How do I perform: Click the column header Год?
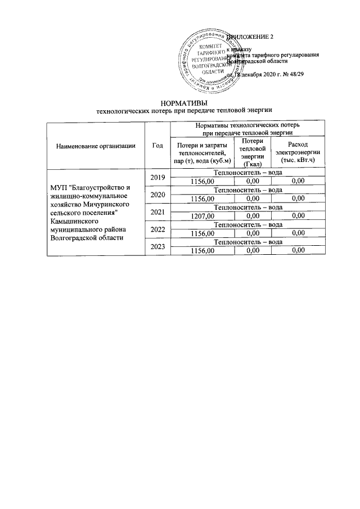pos(157,145)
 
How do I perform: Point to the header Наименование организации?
pos(96,145)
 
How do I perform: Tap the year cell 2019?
pos(157,177)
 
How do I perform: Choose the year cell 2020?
pos(157,195)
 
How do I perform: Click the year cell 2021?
pos(157,212)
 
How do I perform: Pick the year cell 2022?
pos(157,229)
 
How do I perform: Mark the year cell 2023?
pos(157,247)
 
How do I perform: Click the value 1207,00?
pos(202,216)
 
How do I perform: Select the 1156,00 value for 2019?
pos(202,181)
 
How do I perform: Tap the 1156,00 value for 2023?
pos(202,251)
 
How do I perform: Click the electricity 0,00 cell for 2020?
pos(298,199)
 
